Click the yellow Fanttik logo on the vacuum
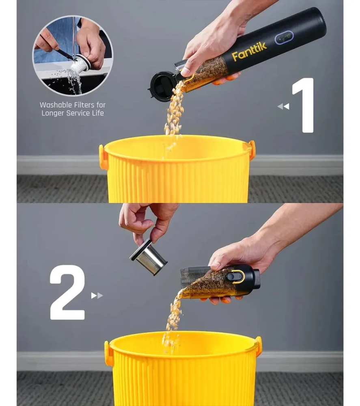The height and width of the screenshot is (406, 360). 249,52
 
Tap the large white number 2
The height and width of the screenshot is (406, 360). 67,292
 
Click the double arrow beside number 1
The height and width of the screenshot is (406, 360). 283,106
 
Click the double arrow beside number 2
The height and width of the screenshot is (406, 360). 97,296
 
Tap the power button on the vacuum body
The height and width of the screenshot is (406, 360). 284,38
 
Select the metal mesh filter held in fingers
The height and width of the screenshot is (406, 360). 149,257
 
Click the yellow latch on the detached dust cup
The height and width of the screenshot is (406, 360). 235,276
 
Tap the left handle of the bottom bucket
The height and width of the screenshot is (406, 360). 108,353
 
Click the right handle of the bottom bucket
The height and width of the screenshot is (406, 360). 258,346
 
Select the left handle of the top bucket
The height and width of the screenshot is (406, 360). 103,157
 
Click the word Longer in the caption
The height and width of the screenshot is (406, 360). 53,113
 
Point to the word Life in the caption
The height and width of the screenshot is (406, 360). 98,113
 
